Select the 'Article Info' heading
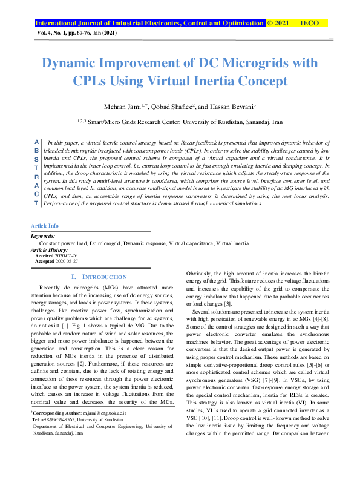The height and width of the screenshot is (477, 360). point(45,226)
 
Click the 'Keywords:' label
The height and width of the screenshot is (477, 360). point(43,235)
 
